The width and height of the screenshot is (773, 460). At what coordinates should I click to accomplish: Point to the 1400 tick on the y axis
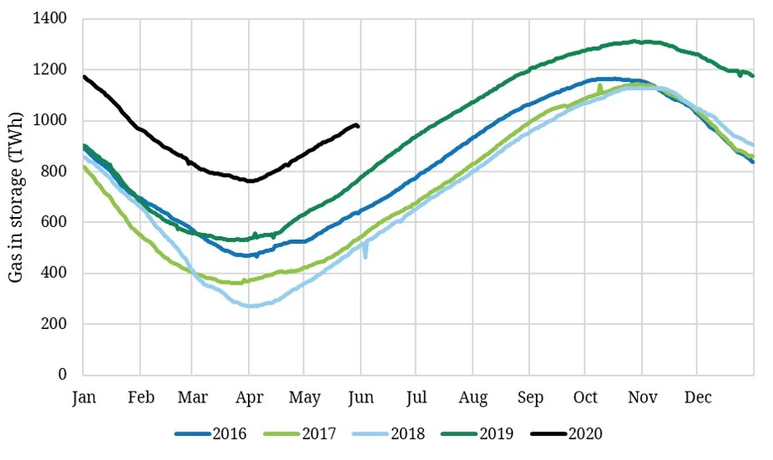pos(52,18)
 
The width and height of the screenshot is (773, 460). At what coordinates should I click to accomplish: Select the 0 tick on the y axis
pos(63,375)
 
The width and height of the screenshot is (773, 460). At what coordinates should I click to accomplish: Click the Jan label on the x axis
pos(83,397)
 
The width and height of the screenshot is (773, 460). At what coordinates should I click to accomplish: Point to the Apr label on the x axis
pos(248,397)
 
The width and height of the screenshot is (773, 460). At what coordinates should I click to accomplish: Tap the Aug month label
pos(472,397)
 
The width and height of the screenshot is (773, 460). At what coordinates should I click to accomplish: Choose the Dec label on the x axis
pos(698,397)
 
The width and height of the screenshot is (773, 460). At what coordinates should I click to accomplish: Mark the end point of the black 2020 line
pos(358,125)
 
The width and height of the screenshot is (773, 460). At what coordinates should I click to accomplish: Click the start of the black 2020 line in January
pos(83,77)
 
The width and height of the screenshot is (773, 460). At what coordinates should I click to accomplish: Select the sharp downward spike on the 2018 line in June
pos(365,255)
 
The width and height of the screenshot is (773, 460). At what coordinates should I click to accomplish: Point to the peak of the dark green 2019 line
pos(636,41)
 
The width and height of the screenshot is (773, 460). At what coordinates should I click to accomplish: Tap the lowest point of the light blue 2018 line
pos(249,306)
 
